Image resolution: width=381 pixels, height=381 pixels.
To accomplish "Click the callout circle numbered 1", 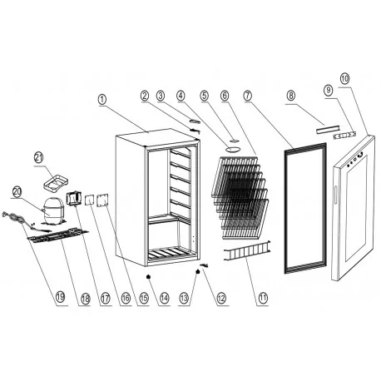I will (101, 99).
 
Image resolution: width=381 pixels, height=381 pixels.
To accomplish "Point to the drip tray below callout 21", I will (57, 178).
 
